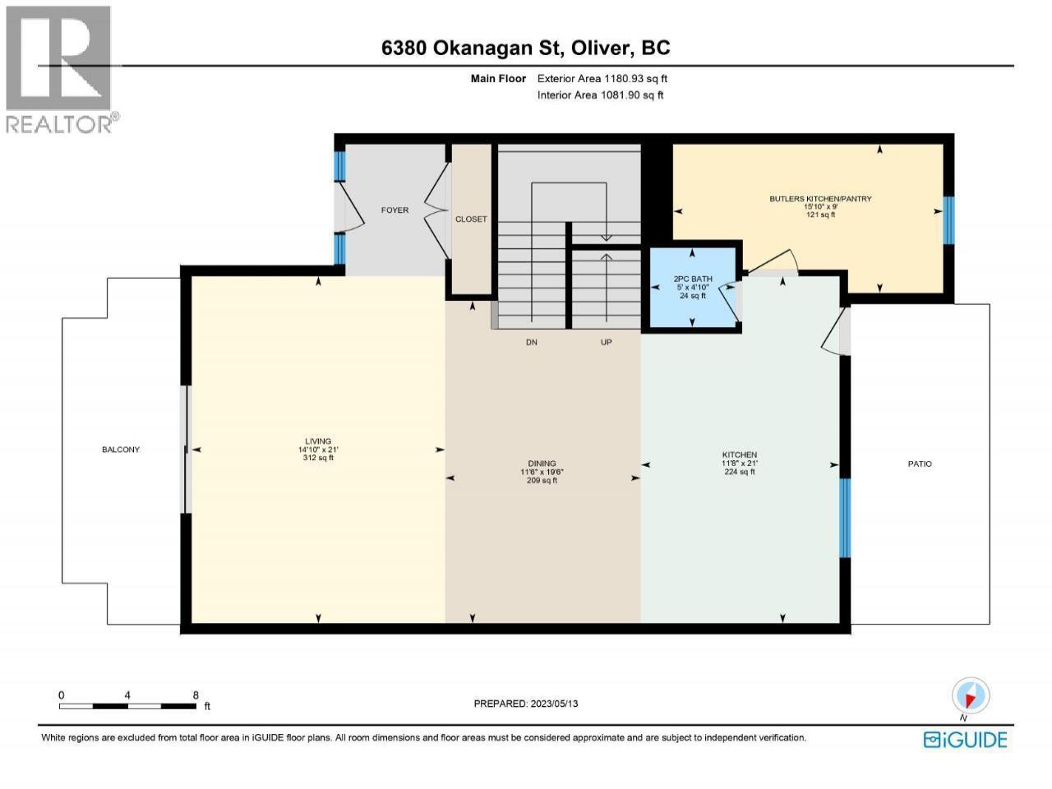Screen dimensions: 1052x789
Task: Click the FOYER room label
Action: point(394,210)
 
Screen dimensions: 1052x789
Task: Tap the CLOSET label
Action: point(471,219)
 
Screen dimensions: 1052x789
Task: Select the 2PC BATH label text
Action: point(693,279)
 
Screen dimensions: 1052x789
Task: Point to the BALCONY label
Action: point(121,450)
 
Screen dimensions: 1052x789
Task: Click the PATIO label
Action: point(920,464)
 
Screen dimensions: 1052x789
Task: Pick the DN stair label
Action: point(532,342)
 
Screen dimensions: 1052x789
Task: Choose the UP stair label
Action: point(607,342)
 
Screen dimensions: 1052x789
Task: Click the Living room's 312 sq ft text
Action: point(318,458)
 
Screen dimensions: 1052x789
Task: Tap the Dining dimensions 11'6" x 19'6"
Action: point(542,472)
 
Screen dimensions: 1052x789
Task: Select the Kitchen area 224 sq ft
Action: point(740,472)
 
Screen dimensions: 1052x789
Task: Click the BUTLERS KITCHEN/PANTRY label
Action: point(820,198)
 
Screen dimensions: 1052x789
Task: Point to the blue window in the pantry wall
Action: point(948,220)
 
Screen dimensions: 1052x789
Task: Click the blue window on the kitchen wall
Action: point(845,518)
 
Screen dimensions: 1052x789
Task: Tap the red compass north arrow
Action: point(970,701)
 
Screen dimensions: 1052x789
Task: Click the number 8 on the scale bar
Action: point(196,695)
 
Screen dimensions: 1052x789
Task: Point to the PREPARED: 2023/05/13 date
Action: point(526,704)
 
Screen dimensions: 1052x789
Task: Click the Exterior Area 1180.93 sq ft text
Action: point(602,79)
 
